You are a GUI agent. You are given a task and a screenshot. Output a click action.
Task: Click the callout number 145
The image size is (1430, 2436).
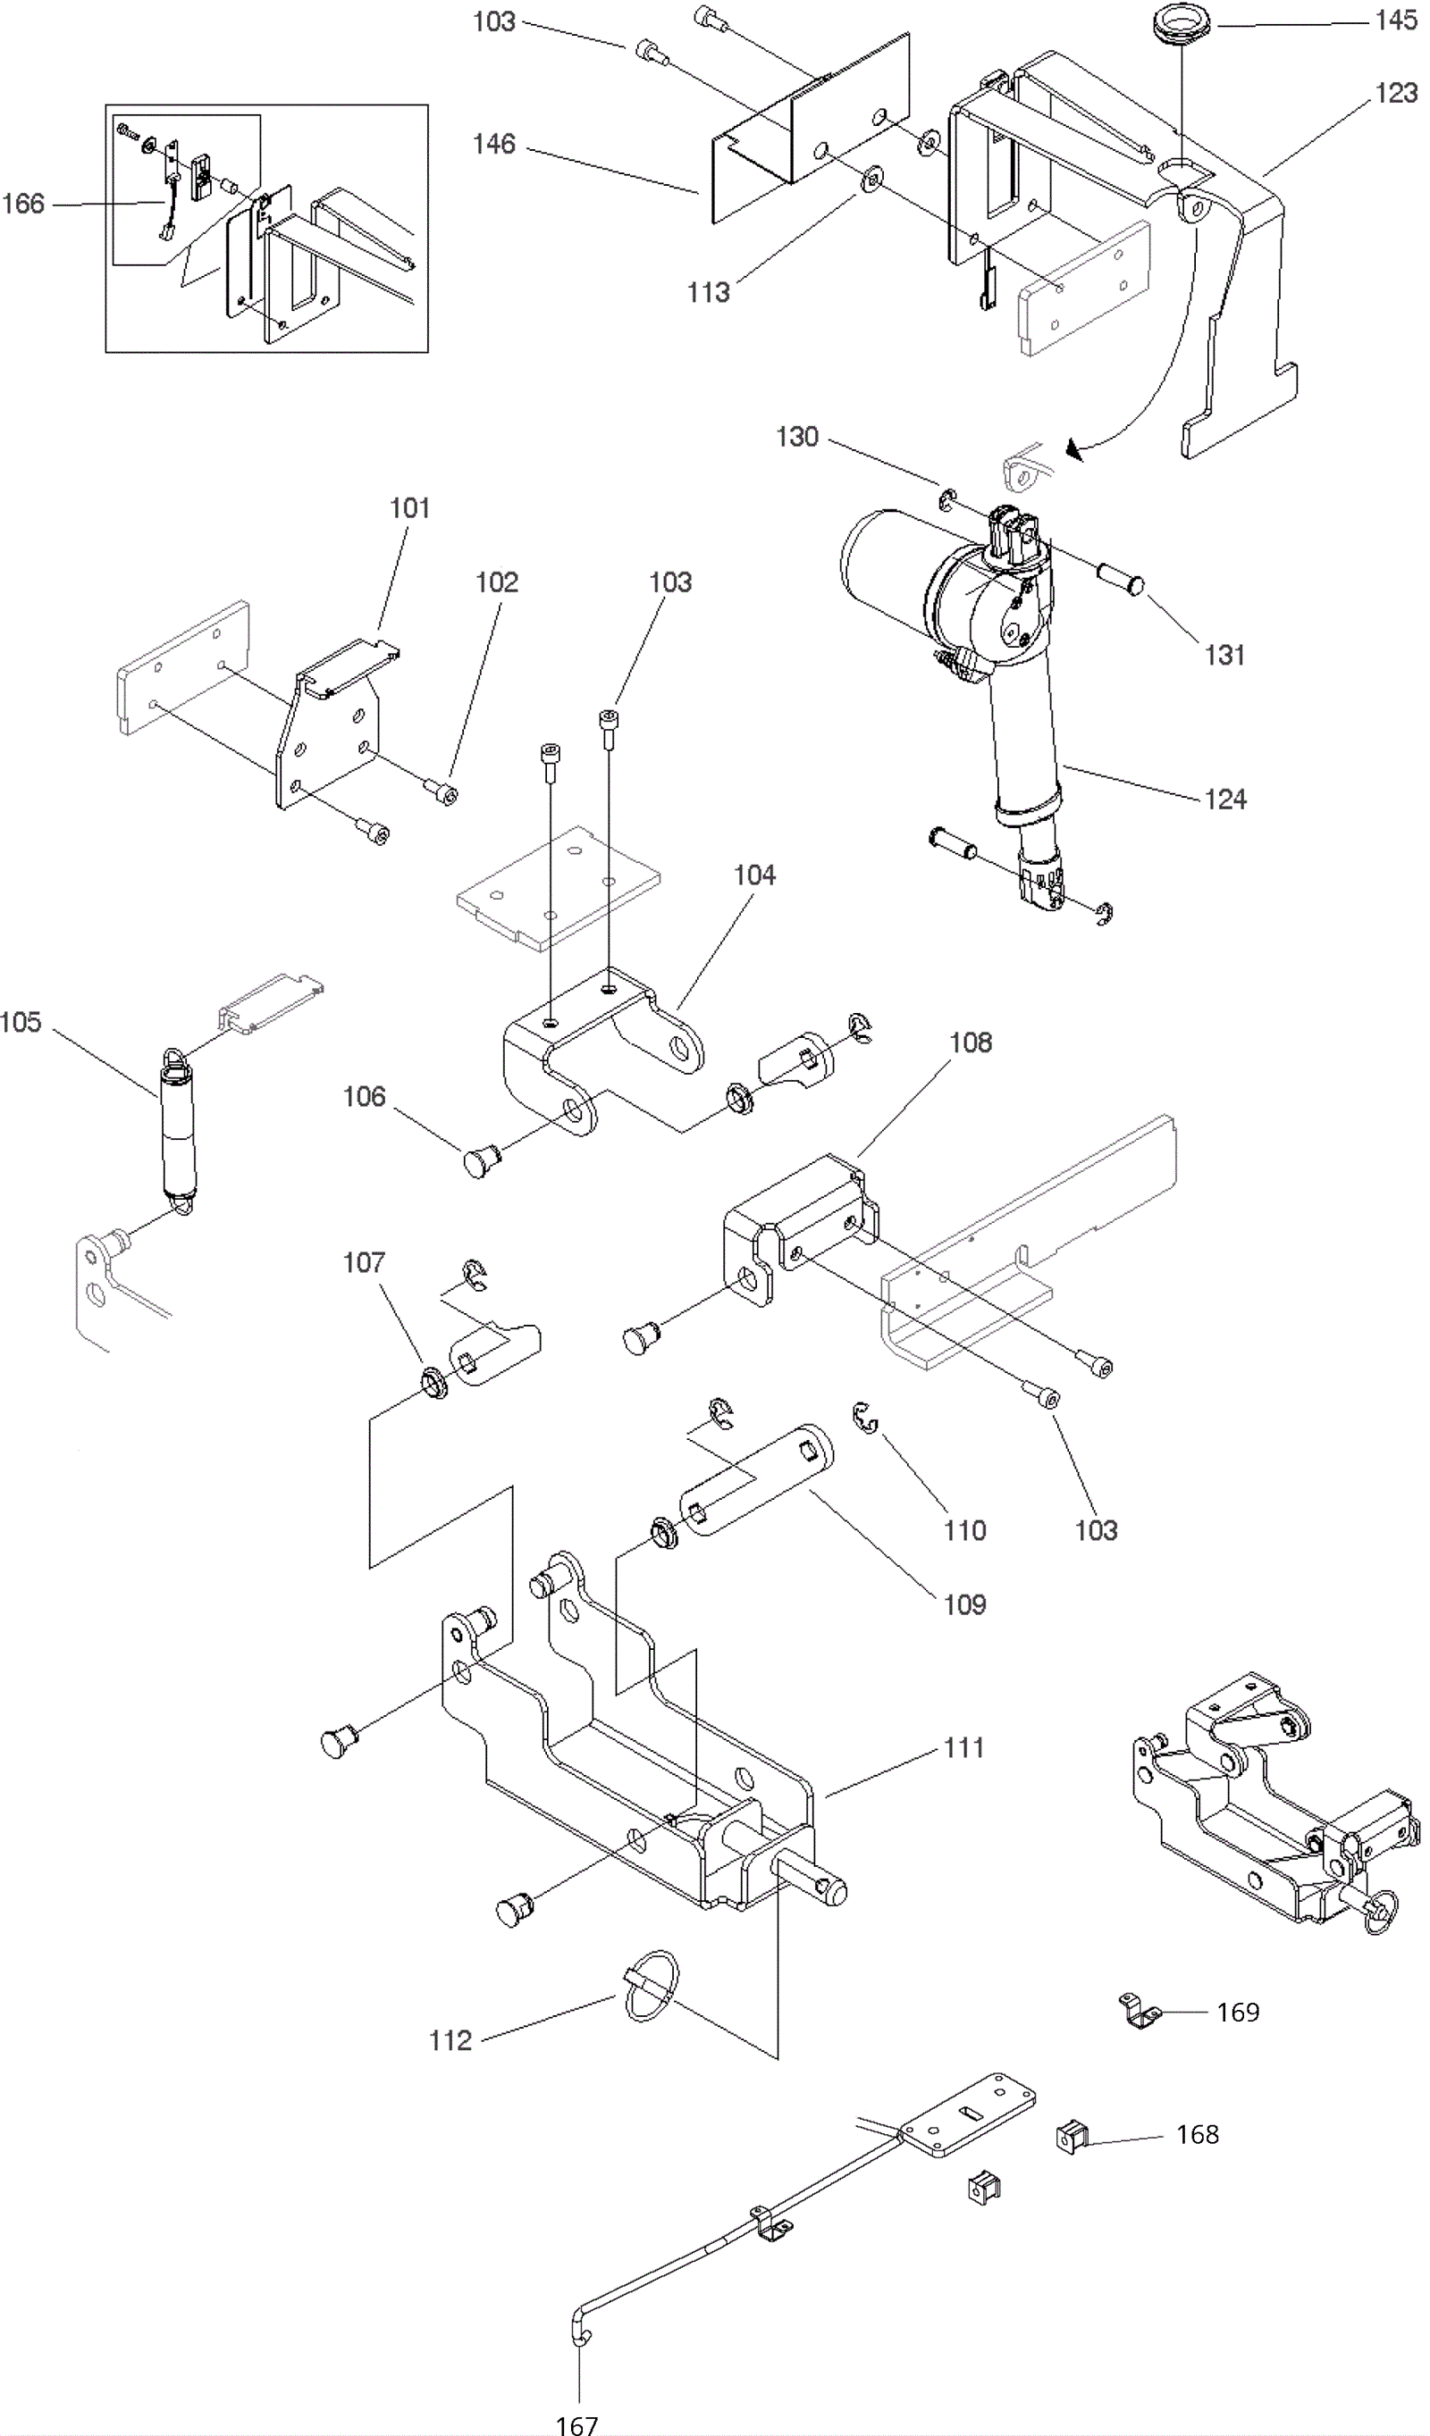pyautogui.click(x=1396, y=21)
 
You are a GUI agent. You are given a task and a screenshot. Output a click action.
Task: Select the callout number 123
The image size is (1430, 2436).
pyautogui.click(x=1396, y=93)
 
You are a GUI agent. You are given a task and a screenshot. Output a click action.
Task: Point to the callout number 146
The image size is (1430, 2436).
pyautogui.click(x=494, y=144)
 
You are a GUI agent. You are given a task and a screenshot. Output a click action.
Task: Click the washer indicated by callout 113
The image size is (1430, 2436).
pyautogui.click(x=874, y=177)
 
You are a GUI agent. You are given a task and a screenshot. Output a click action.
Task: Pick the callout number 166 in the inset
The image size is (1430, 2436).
pyautogui.click(x=23, y=203)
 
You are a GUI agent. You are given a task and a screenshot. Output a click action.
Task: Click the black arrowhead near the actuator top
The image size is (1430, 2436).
pyautogui.click(x=1073, y=448)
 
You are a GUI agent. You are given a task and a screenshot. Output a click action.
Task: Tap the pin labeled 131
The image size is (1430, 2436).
pyautogui.click(x=1120, y=579)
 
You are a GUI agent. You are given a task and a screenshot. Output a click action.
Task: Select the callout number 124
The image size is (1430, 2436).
pyautogui.click(x=1225, y=799)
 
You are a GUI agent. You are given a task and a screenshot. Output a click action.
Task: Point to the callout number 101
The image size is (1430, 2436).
pyautogui.click(x=410, y=508)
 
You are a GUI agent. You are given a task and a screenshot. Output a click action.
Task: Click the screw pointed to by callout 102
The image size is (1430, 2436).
pyautogui.click(x=442, y=791)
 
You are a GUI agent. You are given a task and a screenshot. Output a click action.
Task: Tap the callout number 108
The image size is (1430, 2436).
pyautogui.click(x=971, y=1043)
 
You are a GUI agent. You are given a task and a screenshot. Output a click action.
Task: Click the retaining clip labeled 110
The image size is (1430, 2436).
pyautogui.click(x=865, y=1420)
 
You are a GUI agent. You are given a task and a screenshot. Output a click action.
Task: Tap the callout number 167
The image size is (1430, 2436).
pyautogui.click(x=577, y=2424)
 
